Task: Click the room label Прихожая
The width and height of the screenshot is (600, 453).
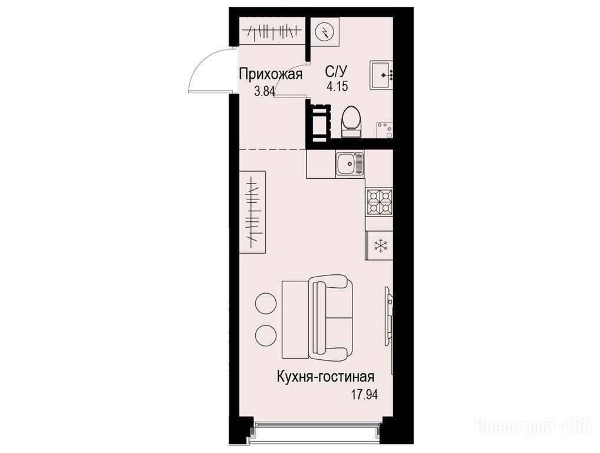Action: pos(271,74)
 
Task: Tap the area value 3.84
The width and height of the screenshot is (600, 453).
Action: pos(265,91)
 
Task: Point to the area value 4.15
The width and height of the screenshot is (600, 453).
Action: pos(337,87)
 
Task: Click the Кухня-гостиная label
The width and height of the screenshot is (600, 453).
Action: pos(325,377)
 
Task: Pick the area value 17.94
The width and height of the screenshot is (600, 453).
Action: pos(364,395)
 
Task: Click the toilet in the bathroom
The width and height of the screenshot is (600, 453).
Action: pos(351,122)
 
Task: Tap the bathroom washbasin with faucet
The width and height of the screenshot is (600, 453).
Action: pos(381,75)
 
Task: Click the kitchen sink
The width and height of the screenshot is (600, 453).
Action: pos(350,164)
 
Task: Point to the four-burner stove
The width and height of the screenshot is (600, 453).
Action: pos(379,202)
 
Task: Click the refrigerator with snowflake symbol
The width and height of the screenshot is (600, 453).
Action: pos(379,245)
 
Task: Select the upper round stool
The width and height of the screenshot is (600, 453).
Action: pos(266,304)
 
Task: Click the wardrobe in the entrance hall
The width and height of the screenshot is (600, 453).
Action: pos(272,31)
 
